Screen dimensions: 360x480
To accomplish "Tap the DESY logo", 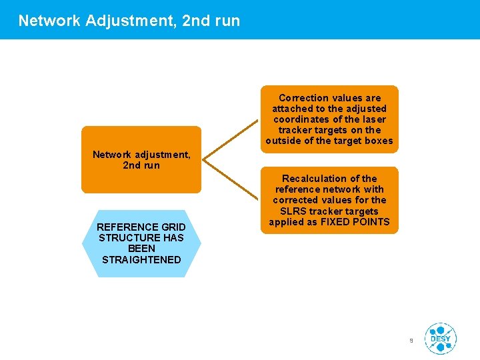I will click(x=440, y=339).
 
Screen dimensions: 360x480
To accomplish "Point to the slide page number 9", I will click(x=411, y=341).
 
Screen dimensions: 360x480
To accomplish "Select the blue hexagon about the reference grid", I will click(x=141, y=243).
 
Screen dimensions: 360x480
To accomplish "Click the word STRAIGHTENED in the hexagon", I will click(x=141, y=259).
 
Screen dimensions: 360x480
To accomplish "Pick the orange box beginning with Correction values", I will click(x=329, y=119).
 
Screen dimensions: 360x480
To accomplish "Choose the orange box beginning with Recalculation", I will click(x=329, y=200).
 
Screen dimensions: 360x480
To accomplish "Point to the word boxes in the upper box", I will click(x=377, y=141).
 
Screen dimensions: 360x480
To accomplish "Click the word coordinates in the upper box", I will click(x=305, y=119).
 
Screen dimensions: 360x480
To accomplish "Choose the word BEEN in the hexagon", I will click(x=141, y=248).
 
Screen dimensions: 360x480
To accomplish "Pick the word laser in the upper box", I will click(x=373, y=119).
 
